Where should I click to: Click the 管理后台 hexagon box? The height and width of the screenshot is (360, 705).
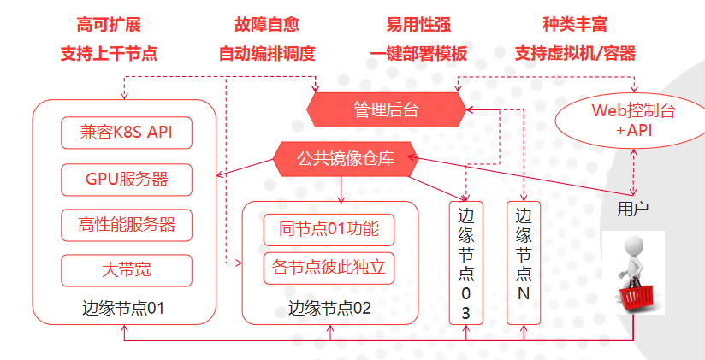click(x=387, y=109)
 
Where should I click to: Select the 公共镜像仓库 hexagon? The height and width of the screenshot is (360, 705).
click(x=346, y=158)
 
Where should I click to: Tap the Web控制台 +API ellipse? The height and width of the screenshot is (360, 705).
click(x=633, y=120)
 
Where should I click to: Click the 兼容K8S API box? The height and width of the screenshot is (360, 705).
click(x=126, y=133)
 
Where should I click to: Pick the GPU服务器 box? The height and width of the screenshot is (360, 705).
click(x=126, y=179)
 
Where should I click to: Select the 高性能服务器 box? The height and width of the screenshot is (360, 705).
click(x=126, y=224)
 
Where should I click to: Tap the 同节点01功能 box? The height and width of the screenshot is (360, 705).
click(x=329, y=229)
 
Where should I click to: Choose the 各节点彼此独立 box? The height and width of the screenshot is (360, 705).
click(x=329, y=269)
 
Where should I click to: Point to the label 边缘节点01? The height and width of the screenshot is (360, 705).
click(x=123, y=308)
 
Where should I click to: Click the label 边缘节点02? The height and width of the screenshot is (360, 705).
click(x=329, y=308)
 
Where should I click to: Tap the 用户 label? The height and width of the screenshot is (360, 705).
click(x=632, y=208)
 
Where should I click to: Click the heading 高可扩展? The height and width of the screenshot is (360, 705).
click(x=108, y=24)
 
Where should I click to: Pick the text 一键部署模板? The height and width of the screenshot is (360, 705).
click(x=419, y=53)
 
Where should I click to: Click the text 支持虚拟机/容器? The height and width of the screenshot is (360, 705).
click(x=575, y=53)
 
